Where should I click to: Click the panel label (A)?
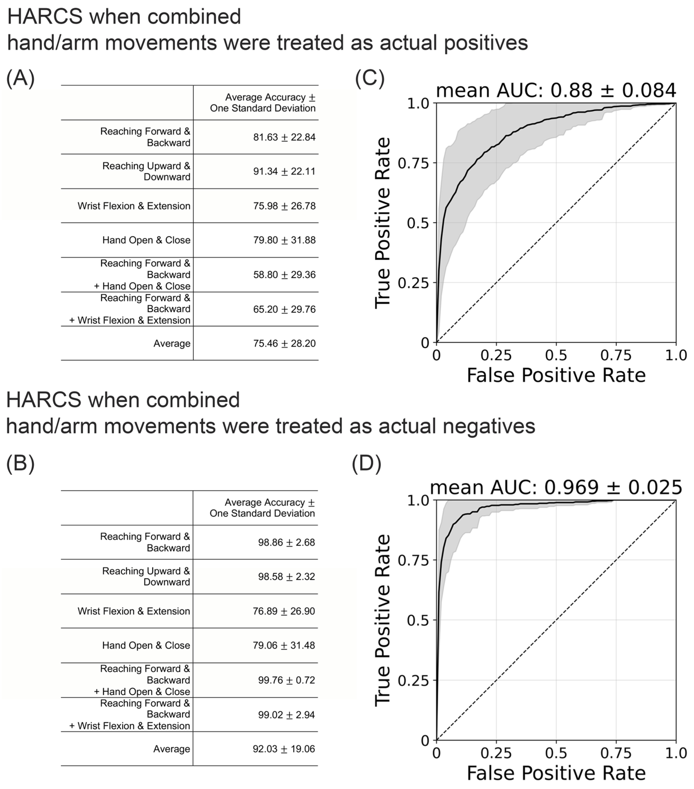[x=21, y=78]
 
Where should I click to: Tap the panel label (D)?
[x=366, y=463]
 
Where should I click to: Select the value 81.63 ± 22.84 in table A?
[x=284, y=137]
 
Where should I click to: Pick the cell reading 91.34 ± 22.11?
[x=284, y=171]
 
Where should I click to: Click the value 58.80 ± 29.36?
[x=284, y=275]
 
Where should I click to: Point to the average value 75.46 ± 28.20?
[x=284, y=344]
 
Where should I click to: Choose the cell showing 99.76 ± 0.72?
[x=286, y=680]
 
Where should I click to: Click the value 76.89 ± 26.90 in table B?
[x=284, y=611]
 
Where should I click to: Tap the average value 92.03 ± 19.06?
[x=284, y=749]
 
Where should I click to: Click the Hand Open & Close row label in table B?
[x=146, y=646]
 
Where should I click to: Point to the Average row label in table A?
[x=172, y=344]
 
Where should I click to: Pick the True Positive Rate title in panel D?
[x=383, y=620]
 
